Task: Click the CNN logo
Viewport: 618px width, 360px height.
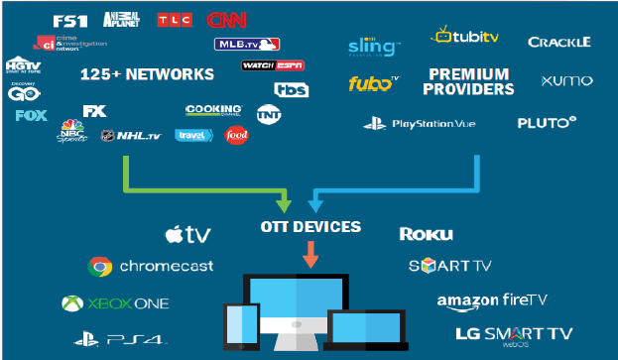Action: [x=226, y=19]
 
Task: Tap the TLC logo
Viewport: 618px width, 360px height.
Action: [x=176, y=19]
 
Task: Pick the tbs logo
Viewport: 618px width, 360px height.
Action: [x=292, y=88]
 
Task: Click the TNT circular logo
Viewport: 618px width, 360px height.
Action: [x=268, y=112]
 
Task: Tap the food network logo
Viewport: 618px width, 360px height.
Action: [x=236, y=135]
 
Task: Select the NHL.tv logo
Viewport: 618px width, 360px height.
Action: [x=136, y=136]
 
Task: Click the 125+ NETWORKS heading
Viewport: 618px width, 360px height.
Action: [x=148, y=74]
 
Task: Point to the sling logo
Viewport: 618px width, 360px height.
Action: [x=374, y=46]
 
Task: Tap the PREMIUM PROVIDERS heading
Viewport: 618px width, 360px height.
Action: [x=470, y=81]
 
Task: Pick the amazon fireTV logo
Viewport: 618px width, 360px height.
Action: [x=491, y=300]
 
